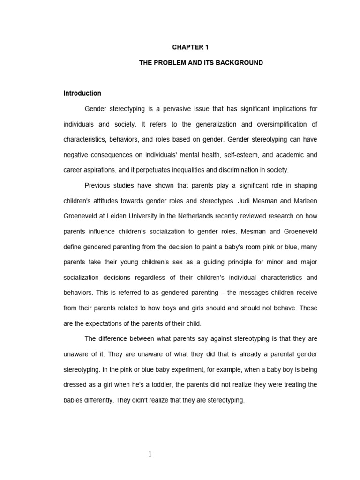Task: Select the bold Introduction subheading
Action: [x=82, y=93]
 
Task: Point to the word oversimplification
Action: [x=285, y=124]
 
